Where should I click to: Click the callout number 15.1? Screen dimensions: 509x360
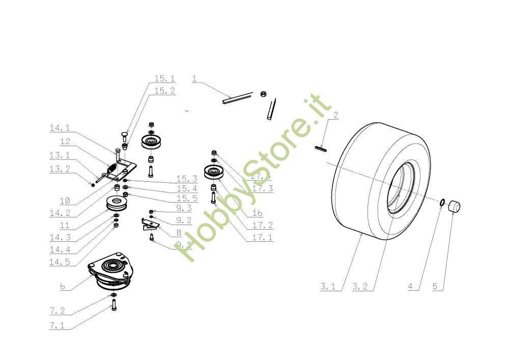pyautogui.click(x=164, y=79)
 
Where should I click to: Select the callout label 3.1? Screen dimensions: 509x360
pyautogui.click(x=328, y=287)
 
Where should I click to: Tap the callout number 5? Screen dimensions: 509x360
pyautogui.click(x=435, y=287)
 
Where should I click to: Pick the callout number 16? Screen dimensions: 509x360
pyautogui.click(x=257, y=213)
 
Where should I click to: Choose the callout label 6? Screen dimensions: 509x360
pyautogui.click(x=63, y=287)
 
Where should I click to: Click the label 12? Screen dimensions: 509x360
pyautogui.click(x=65, y=142)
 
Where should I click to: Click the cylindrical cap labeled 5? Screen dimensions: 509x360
pyautogui.click(x=453, y=207)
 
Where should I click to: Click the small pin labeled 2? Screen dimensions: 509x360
pyautogui.click(x=321, y=149)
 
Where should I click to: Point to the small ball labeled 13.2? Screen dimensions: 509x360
pyautogui.click(x=93, y=185)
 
